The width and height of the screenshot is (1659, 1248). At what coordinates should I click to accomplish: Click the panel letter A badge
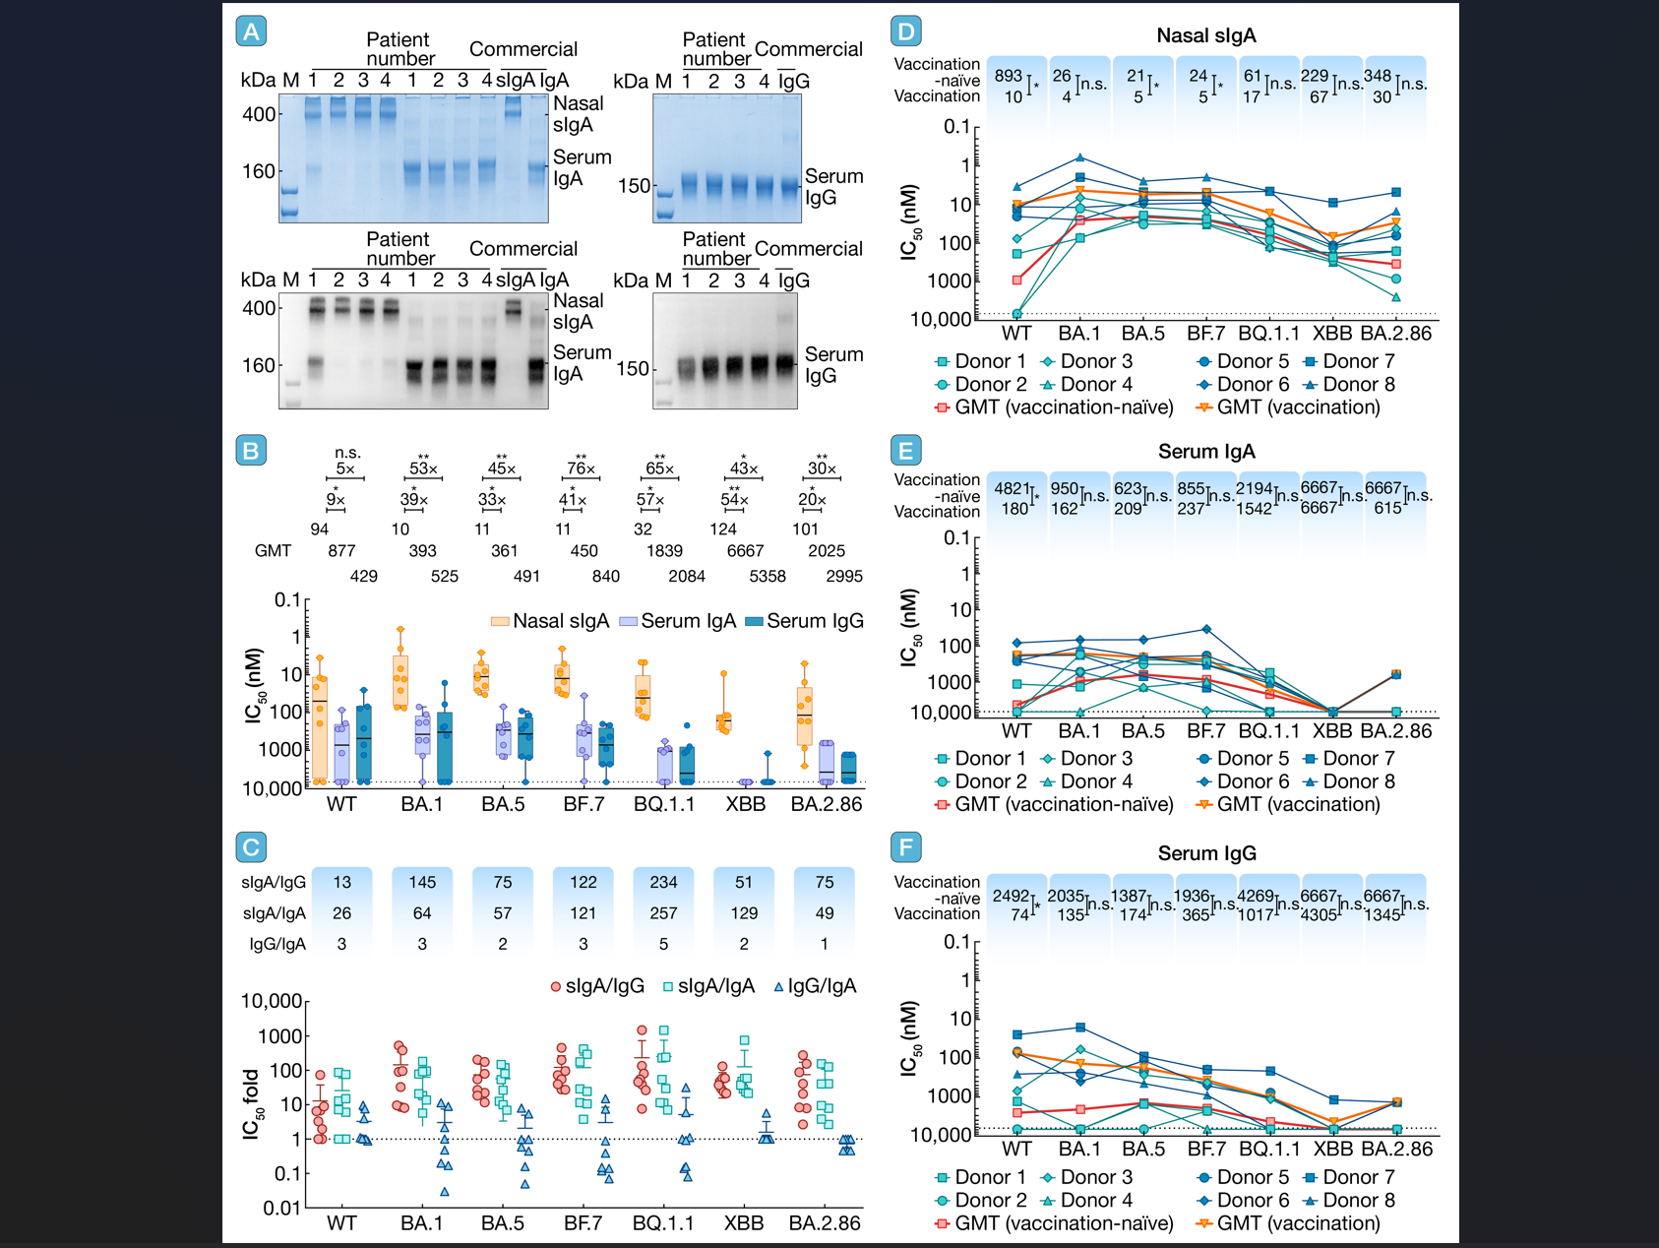coord(252,31)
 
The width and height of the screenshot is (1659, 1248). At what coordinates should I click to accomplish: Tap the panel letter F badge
coord(905,847)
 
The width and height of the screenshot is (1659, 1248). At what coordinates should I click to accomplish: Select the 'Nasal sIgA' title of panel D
coord(1205,35)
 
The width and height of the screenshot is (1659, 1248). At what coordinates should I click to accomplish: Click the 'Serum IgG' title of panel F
coord(1206,853)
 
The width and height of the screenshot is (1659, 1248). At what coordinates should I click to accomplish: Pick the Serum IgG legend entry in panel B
coord(804,621)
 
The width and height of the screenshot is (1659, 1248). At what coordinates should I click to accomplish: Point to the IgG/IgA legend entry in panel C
coord(815,986)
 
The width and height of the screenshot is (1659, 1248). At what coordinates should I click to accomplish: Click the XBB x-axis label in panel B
coord(745,804)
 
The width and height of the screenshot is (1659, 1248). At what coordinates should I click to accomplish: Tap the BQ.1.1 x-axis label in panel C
coord(662,1223)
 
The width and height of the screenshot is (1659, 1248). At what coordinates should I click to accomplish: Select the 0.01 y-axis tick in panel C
coord(282,1208)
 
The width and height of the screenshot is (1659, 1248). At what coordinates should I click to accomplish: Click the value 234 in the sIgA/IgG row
coord(663,882)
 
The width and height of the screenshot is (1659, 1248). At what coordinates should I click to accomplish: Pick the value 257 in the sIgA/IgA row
coord(663,913)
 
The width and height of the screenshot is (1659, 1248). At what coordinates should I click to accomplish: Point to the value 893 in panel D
coord(1008,76)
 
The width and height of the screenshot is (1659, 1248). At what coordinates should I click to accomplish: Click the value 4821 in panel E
coord(1012,488)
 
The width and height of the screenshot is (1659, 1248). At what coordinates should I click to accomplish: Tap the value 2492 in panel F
coord(1011,896)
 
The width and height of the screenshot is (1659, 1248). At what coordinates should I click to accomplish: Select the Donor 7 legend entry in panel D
coord(1348,361)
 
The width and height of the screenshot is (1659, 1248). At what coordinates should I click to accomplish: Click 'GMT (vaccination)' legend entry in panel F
coord(1287,1223)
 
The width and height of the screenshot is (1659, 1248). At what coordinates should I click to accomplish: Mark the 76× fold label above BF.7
coord(581,468)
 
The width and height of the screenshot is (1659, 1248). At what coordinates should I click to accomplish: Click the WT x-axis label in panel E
coord(1016,731)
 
